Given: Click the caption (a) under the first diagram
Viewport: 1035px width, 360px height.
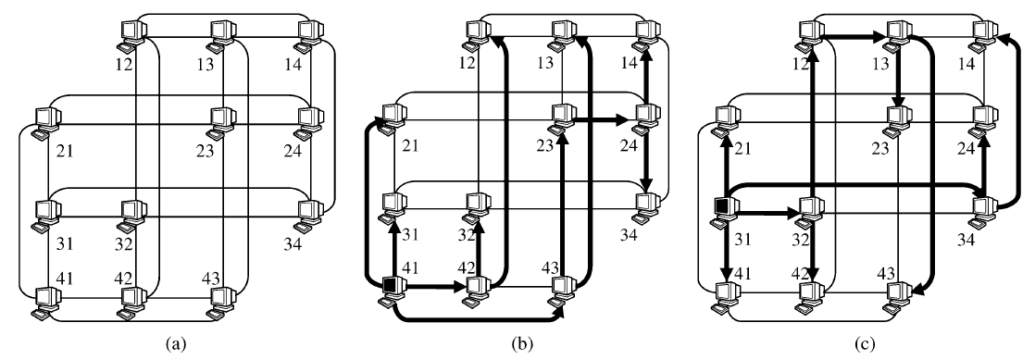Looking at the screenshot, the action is (174, 344).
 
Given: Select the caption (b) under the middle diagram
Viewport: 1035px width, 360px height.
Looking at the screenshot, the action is (517, 344).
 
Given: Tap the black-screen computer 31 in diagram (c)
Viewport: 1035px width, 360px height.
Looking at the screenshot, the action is (723, 209).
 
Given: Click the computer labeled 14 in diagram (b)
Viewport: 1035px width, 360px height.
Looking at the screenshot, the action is (646, 32).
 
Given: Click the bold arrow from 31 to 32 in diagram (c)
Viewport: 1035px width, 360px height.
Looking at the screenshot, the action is (765, 213).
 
